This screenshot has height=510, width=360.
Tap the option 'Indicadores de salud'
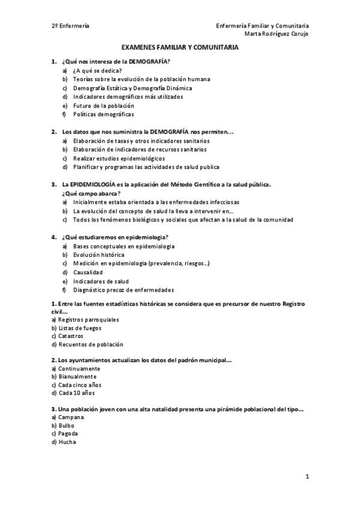tap(101, 281)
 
